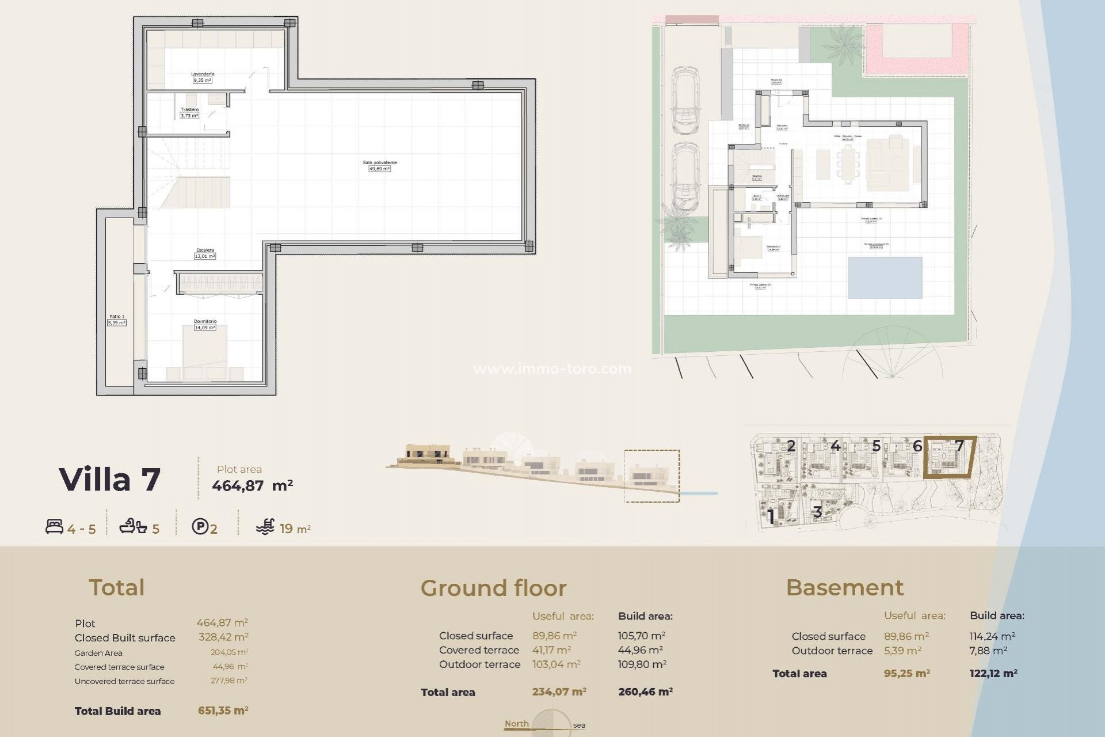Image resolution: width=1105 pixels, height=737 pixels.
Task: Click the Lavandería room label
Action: coord(203,74)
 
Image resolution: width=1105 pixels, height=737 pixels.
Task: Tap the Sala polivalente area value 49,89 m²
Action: coord(379,169)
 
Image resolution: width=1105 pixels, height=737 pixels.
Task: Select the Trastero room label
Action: coord(189,109)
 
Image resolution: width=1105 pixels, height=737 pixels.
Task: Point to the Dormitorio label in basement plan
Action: coord(205,321)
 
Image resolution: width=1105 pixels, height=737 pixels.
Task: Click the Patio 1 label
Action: coord(117,317)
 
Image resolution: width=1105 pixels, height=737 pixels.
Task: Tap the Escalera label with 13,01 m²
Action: coord(205,250)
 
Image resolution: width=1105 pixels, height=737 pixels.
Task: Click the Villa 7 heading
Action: coord(109,480)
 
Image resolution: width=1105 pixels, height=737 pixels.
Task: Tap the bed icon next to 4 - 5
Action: coord(54,526)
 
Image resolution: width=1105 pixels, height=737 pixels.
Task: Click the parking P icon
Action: coord(200,526)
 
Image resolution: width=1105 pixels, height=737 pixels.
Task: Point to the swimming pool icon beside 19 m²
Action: coord(265,527)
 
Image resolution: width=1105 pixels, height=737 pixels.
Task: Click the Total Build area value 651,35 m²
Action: coord(223,711)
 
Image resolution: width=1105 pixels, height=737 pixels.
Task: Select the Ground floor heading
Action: coord(493,588)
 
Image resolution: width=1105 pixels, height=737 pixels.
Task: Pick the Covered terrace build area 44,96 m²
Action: coord(640,650)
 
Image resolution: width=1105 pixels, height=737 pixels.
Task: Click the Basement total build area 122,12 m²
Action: coord(993,673)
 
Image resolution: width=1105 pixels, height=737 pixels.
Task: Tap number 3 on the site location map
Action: coord(817,512)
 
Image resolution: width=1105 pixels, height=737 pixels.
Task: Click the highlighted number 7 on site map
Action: coord(959,445)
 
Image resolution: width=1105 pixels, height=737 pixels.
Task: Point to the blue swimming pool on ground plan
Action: coord(885,278)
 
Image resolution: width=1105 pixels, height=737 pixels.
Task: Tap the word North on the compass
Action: coord(516,724)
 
